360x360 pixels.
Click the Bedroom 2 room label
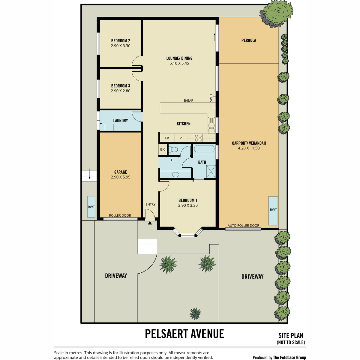[121, 41]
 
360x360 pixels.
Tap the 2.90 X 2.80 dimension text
[121, 91]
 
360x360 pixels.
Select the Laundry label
[121, 121]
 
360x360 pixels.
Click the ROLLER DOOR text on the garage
[120, 215]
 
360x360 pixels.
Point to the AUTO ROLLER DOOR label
[243, 226]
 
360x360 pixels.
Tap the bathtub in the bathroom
[204, 149]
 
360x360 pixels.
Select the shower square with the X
[211, 172]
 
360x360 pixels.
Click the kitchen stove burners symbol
[198, 138]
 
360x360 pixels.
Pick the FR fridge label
[167, 138]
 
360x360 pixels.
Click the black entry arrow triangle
[150, 223]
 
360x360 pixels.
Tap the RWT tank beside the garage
[91, 207]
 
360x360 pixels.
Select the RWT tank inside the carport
[273, 211]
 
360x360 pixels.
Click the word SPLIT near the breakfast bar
[211, 98]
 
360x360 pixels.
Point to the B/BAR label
[188, 100]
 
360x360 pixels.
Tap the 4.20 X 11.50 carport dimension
[249, 148]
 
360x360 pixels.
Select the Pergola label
[249, 40]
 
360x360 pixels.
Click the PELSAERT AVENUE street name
[184, 334]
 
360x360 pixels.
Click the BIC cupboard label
[163, 149]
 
